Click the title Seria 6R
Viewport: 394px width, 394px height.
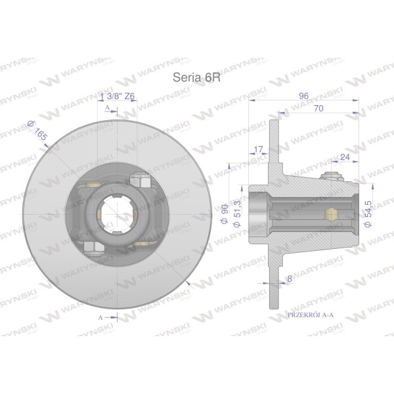point(196,77)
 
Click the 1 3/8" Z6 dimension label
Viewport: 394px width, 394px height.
point(118,96)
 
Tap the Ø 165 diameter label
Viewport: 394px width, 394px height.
point(37,131)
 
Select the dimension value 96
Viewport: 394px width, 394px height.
point(304,96)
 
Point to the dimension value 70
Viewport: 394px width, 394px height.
point(318,108)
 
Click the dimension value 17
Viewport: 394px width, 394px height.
point(258,149)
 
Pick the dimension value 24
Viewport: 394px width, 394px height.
point(345,157)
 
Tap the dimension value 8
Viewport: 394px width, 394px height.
point(290,278)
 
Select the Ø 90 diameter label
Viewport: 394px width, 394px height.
point(225,214)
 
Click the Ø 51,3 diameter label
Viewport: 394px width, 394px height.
point(237,214)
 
